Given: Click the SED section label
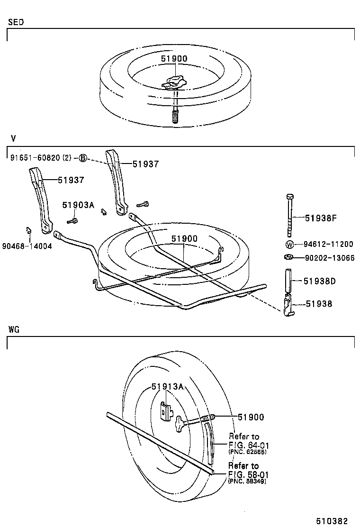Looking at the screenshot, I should (x=16, y=22).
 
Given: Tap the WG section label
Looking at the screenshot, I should (x=14, y=329).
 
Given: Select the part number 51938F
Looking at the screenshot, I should (x=320, y=218).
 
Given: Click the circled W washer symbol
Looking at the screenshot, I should (x=289, y=245).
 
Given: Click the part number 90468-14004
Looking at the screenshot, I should (x=27, y=246).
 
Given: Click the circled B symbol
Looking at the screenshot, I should (x=82, y=158).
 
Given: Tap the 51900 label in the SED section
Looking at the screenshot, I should (x=173, y=59).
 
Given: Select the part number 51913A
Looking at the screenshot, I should (x=167, y=387).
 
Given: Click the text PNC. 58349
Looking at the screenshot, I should (x=247, y=481).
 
